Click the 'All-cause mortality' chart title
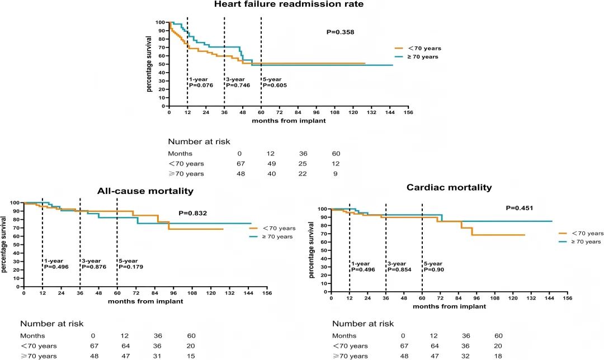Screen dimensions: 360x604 (145, 191)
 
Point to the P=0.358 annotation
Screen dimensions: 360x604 (340, 32)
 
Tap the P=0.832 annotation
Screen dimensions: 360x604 (192, 213)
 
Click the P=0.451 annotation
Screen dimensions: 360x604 (520, 208)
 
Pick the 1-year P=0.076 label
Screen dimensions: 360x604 (200, 82)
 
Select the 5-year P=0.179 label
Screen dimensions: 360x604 (130, 264)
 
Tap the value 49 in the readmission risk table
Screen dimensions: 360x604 (272, 164)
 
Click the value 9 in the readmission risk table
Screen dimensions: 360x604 (336, 174)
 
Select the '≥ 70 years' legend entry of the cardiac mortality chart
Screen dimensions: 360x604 (580, 241)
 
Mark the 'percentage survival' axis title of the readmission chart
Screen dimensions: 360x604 (150, 64)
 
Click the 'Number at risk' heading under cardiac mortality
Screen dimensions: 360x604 (363, 324)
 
